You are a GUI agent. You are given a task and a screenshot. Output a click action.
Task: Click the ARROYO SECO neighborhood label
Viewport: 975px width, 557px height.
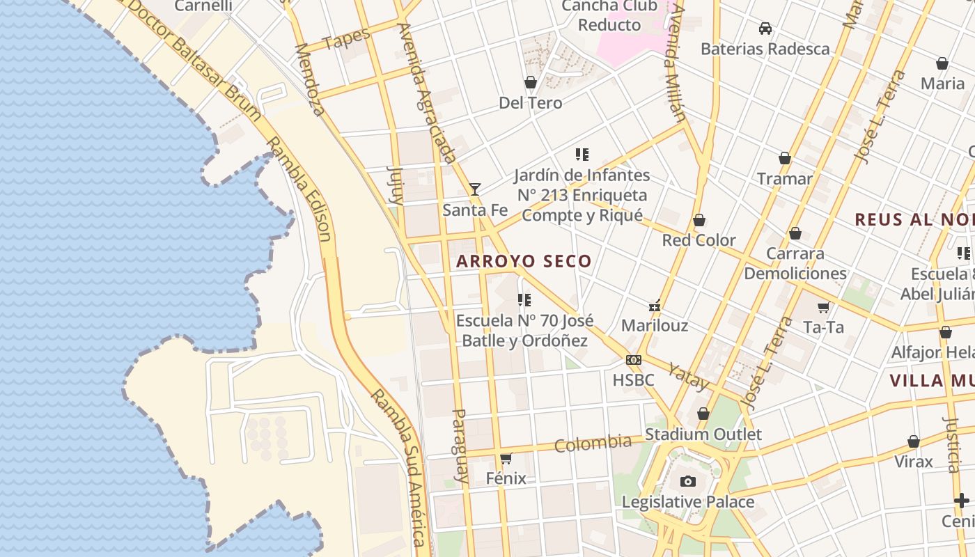pyautogui.click(x=524, y=262)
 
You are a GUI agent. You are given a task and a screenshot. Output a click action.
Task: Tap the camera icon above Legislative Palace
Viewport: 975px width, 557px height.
pyautogui.click(x=687, y=481)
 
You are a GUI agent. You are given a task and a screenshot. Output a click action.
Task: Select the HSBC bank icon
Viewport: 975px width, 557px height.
pyautogui.click(x=633, y=360)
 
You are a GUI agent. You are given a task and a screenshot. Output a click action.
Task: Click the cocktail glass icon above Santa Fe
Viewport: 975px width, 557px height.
pyautogui.click(x=475, y=189)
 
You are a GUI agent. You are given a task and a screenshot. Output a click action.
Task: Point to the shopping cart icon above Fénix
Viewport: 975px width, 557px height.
pyautogui.click(x=506, y=458)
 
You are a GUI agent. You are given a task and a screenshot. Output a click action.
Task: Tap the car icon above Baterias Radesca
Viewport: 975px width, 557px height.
pyautogui.click(x=765, y=29)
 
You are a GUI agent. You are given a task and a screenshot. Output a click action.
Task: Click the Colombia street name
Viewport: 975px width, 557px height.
pyautogui.click(x=593, y=444)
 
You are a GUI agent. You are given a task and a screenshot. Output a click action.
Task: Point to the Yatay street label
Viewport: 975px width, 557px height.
pyautogui.click(x=688, y=377)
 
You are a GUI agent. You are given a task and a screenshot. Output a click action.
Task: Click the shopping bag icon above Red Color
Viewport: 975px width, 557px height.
pyautogui.click(x=699, y=221)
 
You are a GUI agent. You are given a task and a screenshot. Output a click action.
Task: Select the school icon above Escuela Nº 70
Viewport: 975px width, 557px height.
pyautogui.click(x=524, y=300)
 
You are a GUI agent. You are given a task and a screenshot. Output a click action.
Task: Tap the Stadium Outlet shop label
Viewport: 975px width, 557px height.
pyautogui.click(x=703, y=434)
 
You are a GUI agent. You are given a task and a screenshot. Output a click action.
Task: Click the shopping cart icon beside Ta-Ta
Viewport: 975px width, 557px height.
pyautogui.click(x=823, y=307)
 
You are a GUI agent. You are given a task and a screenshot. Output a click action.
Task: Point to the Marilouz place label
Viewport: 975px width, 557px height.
pyautogui.click(x=654, y=325)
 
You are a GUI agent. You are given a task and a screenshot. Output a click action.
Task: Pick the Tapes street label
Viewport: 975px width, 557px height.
pyautogui.click(x=347, y=40)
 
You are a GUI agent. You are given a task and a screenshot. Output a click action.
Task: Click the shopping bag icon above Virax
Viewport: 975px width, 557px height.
pyautogui.click(x=913, y=441)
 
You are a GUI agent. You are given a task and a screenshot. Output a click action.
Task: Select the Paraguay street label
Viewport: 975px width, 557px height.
pyautogui.click(x=460, y=446)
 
